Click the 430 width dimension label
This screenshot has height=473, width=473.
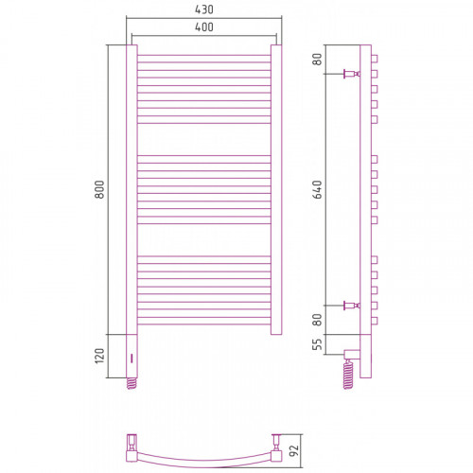coord(204,9)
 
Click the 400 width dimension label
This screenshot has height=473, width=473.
coord(204,27)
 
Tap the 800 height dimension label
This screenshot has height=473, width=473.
coord(99,189)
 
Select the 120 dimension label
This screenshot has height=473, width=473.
coord(99,356)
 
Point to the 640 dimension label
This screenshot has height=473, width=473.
coord(318,189)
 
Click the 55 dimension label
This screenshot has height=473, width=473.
coord(318,344)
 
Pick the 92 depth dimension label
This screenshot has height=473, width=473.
coord(293,451)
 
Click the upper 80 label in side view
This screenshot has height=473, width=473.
coord(318,59)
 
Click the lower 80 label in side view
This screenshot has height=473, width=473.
coord(318,320)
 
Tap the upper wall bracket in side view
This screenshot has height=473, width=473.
coord(352,74)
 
